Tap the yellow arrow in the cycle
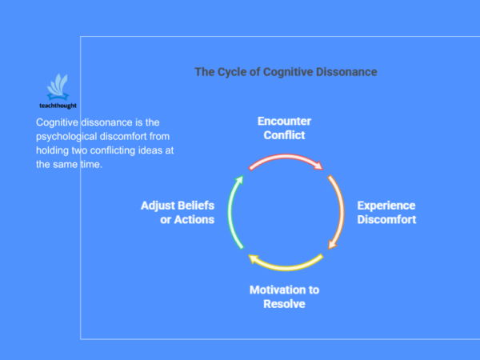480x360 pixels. [x=286, y=264]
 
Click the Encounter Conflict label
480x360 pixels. [x=284, y=128]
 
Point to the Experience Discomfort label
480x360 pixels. [x=386, y=212]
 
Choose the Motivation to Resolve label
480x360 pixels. [x=284, y=297]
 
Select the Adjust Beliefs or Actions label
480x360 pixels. [x=178, y=212]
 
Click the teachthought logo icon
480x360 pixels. [x=58, y=86]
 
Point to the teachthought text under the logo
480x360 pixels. [x=58, y=105]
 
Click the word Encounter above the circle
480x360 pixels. [x=284, y=122]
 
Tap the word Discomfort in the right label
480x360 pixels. [x=386, y=220]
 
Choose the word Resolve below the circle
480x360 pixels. [x=284, y=305]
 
